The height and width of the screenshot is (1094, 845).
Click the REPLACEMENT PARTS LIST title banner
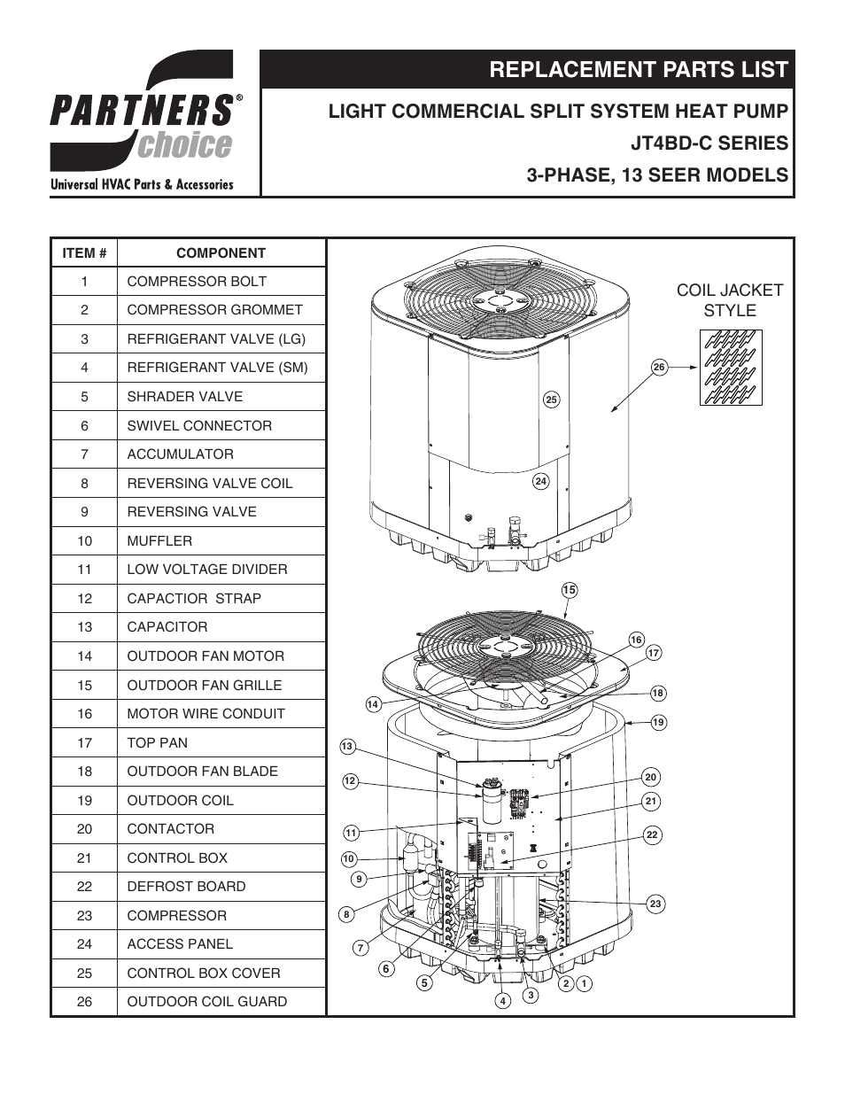click(x=638, y=70)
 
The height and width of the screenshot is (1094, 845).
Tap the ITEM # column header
click(x=84, y=253)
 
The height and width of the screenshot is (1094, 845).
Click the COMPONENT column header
click(x=221, y=253)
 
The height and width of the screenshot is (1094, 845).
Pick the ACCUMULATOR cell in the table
click(x=180, y=454)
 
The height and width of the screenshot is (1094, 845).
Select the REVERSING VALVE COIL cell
click(x=209, y=484)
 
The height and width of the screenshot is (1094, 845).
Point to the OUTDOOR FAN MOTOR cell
click(x=205, y=656)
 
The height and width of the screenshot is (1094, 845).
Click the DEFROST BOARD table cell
click(x=186, y=887)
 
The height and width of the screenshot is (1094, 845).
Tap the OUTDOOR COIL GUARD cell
click(x=206, y=1002)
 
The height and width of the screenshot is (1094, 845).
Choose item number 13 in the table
click(x=84, y=627)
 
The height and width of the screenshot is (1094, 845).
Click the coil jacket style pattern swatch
click(x=731, y=368)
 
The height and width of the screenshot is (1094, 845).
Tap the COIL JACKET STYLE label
click(x=729, y=300)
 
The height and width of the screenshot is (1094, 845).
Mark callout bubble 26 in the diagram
click(x=658, y=368)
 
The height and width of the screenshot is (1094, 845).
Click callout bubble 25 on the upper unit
click(x=551, y=400)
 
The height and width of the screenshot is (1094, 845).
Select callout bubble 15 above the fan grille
click(x=569, y=590)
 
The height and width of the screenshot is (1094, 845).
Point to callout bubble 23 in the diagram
click(x=655, y=904)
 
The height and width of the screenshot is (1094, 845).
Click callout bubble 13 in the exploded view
click(x=347, y=747)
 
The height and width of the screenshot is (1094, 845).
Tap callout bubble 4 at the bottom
click(x=502, y=1001)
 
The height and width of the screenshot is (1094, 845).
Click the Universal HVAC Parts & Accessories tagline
click(x=142, y=185)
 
